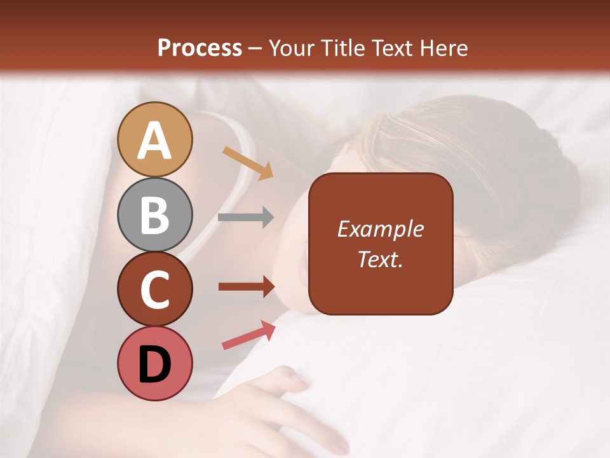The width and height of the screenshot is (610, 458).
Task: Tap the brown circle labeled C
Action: pos(155,289)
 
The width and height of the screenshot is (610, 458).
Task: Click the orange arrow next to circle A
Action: pos(248,162)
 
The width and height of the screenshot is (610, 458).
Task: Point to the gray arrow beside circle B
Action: pos(246,218)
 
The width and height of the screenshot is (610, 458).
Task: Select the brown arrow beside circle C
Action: pos(247,287)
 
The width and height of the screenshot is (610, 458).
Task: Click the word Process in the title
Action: pos(200,48)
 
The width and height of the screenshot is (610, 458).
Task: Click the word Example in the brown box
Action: pos(381,230)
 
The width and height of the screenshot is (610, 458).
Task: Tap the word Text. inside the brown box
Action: pos(381,259)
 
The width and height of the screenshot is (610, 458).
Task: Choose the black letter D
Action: pos(155,364)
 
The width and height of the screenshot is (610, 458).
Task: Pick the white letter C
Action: pos(155,289)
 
